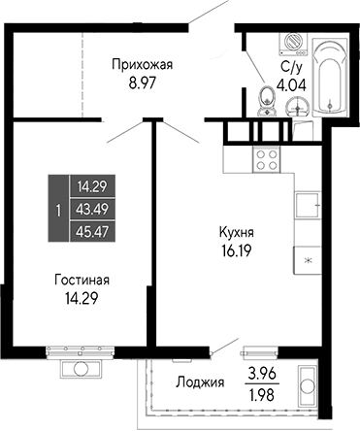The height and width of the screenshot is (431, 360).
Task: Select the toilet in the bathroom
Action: click(268, 98)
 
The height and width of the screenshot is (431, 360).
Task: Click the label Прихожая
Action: click(143, 65)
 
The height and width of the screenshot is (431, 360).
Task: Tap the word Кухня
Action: click(236, 233)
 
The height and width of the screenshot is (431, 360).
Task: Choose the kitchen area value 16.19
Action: click(236, 249)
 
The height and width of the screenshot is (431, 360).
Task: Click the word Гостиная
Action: click(82, 281)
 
